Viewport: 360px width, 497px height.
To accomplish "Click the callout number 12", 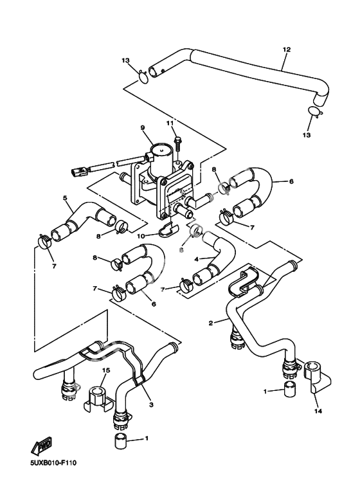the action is coord(287,50).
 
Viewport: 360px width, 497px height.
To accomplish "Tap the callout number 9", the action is coord(143,127).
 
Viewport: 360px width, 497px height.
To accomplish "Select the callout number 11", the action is coord(170,123).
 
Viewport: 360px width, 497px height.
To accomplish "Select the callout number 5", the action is coord(65,198).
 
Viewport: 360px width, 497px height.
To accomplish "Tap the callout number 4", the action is coord(197,259).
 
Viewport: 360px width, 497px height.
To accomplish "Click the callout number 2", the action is coord(211,323).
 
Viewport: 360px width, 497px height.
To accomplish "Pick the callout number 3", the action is coord(151,404).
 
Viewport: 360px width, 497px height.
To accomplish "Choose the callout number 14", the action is coord(318,411).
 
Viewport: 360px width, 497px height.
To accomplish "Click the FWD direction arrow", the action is coord(42,447).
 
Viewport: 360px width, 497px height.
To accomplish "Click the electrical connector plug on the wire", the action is coord(78,173).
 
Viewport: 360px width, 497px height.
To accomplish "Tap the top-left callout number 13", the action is coord(125,60).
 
